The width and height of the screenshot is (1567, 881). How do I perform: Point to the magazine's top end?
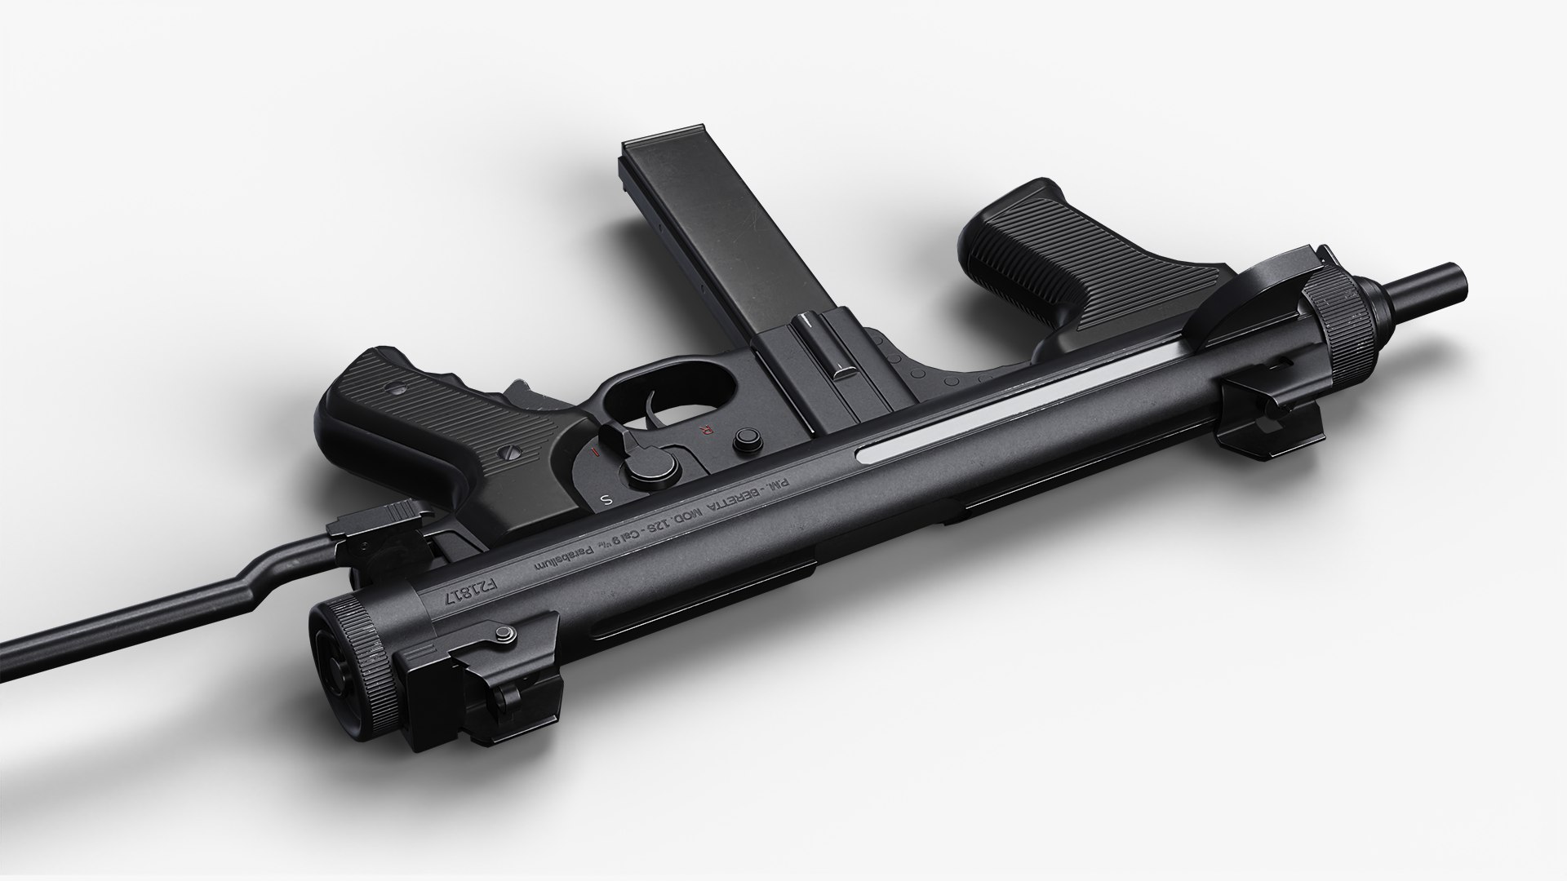(x=663, y=139)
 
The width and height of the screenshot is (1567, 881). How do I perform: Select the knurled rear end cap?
(x=343, y=661)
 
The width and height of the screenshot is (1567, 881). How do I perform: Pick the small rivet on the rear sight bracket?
(x=506, y=632)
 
